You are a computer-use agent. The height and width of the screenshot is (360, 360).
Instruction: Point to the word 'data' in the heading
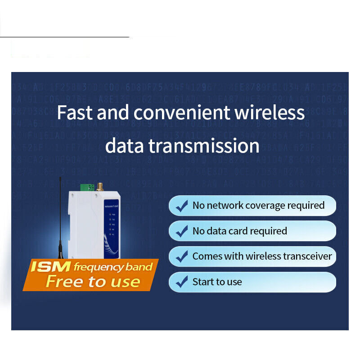[124, 146]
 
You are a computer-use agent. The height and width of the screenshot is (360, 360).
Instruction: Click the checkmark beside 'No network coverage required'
[182, 206]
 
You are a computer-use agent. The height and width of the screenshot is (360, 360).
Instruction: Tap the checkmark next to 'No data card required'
[182, 231]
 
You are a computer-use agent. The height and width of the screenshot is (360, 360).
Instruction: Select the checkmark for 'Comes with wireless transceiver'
[182, 256]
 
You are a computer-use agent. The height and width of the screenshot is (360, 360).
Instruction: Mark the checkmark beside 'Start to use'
[182, 282]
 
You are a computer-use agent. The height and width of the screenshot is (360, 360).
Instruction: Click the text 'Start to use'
[217, 282]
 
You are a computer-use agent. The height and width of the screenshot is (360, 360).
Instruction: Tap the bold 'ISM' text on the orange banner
[50, 267]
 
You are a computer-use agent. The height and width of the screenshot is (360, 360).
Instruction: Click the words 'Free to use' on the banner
[93, 282]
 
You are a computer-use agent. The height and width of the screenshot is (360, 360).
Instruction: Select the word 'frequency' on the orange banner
[95, 267]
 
